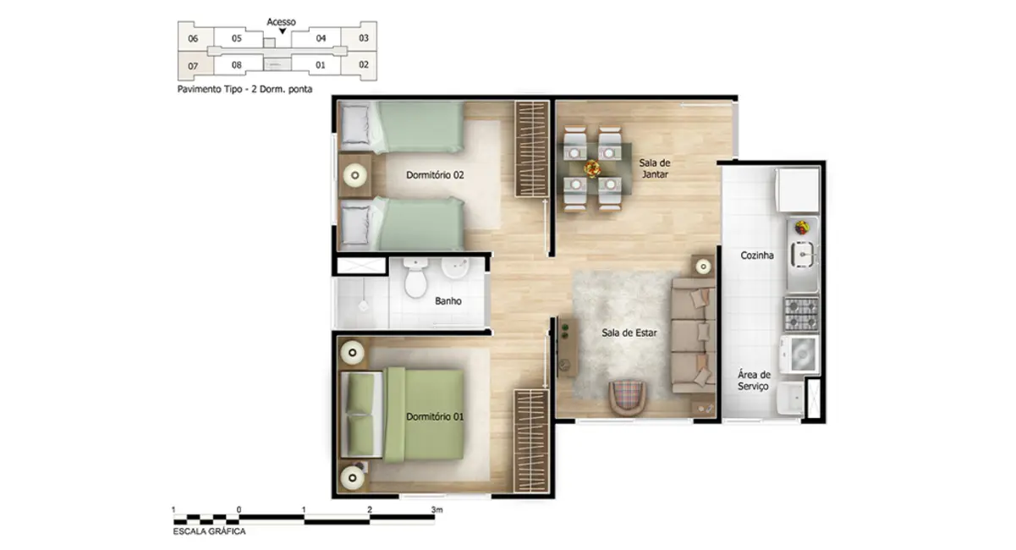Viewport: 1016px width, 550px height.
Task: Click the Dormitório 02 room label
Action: pos(436,175)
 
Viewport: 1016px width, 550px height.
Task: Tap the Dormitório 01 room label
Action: pos(435,416)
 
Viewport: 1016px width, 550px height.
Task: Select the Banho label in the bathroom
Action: pos(448,300)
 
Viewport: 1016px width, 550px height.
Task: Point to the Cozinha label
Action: pos(757,255)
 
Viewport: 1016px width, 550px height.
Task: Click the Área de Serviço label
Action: pos(753,380)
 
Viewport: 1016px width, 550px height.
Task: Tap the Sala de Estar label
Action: pos(629,333)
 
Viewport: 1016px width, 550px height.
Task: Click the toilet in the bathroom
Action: pos(415,280)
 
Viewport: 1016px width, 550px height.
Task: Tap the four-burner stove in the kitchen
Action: pos(800,314)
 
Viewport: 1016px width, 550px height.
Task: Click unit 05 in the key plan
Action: pos(237,38)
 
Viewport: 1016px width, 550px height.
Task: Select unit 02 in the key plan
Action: pos(364,64)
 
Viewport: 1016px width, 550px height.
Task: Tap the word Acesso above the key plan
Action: pos(281,22)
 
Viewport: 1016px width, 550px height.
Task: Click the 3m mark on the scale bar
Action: pos(437,510)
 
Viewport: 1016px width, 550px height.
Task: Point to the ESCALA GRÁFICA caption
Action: pos(209,531)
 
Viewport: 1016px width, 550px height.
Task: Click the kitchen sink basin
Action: pos(802,253)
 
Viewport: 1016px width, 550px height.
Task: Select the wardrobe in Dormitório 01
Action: pos(532,440)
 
